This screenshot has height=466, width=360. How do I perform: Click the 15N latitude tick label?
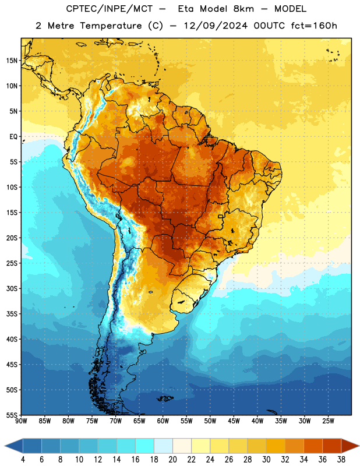(x=12, y=61)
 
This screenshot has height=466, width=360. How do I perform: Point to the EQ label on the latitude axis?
(x=13, y=137)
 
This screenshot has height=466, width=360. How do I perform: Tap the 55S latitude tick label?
(x=12, y=415)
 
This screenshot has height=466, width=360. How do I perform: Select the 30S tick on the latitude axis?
(x=12, y=288)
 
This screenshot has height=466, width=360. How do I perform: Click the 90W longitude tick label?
(x=21, y=421)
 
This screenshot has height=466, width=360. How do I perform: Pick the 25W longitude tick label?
(x=328, y=421)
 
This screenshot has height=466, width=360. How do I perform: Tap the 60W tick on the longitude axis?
(x=163, y=421)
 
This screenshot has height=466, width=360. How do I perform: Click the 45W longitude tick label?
(x=234, y=421)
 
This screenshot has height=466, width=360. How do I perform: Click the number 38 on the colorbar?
(x=341, y=460)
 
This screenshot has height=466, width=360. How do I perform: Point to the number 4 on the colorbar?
(x=23, y=460)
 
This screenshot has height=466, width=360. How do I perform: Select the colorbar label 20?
(x=172, y=460)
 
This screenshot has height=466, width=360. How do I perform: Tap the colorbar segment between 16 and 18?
(x=144, y=446)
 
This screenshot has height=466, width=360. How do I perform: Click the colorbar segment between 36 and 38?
(x=332, y=446)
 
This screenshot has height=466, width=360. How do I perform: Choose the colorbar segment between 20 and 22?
(x=182, y=446)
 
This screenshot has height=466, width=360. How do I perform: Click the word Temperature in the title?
(x=111, y=26)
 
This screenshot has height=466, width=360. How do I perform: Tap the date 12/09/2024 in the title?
(x=216, y=26)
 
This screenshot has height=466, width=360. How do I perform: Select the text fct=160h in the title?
(x=314, y=26)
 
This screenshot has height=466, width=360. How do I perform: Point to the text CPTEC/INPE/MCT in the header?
(x=110, y=9)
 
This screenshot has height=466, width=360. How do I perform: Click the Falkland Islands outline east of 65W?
(x=165, y=398)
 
